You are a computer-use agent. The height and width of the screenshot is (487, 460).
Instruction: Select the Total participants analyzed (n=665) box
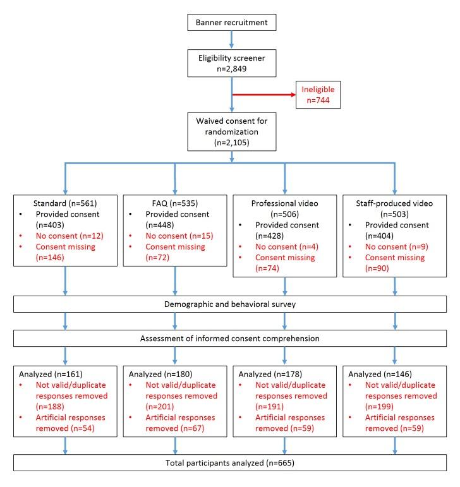click(x=233, y=462)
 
